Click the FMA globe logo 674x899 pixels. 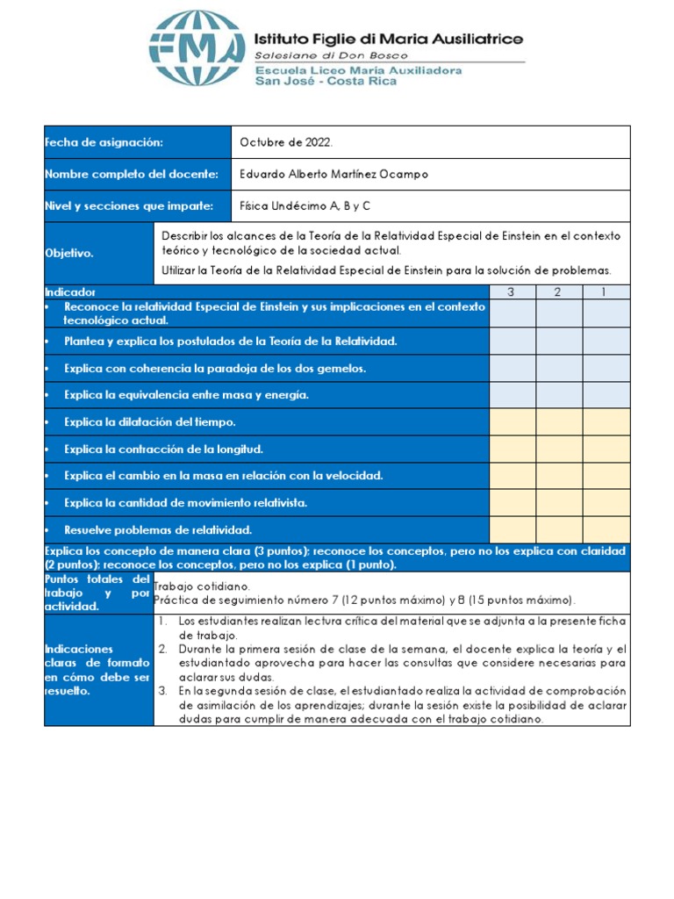point(196,48)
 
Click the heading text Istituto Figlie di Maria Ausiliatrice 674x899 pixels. point(388,39)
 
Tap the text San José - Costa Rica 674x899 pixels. point(325,82)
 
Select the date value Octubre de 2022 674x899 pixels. point(286,142)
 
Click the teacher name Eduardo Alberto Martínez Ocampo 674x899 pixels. point(334,174)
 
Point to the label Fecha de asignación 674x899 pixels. point(104,142)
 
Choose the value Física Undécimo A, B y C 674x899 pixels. point(305,206)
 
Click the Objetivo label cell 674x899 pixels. point(69,253)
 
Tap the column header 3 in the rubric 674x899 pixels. point(513,291)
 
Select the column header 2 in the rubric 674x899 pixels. point(559,291)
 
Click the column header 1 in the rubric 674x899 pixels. point(606,291)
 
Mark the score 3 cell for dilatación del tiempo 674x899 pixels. point(513,422)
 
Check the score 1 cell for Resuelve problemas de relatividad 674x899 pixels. point(606,529)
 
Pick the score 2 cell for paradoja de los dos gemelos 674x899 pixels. point(559,368)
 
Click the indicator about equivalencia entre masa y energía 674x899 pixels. point(186,395)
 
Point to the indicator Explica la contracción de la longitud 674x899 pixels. point(163,449)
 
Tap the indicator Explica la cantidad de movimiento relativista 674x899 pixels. point(185,503)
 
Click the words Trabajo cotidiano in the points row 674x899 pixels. point(202,586)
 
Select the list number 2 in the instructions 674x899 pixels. point(163,649)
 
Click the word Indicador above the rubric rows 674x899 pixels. point(70,291)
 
